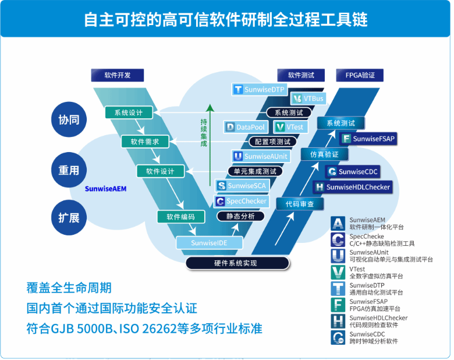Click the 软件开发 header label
(118, 75)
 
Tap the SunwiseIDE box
(200, 242)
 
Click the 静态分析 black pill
(236, 216)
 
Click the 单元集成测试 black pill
(255, 171)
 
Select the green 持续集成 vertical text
(204, 132)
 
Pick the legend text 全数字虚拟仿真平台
(376, 276)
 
